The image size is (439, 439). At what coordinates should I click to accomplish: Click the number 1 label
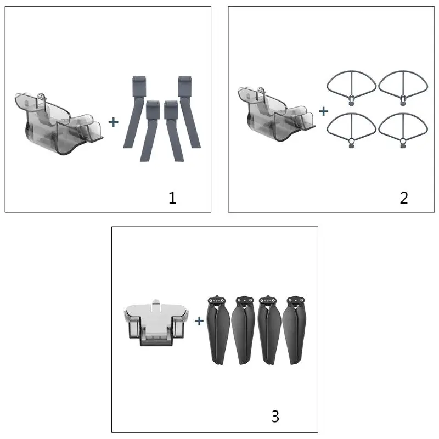pos(172,198)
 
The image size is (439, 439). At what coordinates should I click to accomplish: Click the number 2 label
pos(404,198)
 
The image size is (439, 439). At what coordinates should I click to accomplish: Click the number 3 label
pos(275,416)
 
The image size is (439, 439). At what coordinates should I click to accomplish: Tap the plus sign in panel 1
pos(114,122)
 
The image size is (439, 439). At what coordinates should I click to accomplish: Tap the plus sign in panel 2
pos(323,111)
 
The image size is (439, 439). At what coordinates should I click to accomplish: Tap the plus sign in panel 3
pos(199,321)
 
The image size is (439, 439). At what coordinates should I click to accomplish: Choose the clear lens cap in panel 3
pos(156,323)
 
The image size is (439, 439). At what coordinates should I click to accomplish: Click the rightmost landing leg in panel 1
pos(189,112)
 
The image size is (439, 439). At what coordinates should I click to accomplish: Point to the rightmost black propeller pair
pos(295,330)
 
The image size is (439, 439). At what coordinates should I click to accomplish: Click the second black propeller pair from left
pos(243,330)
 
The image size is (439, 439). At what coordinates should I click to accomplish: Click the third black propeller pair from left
pos(269,330)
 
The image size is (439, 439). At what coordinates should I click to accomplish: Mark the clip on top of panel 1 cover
pos(41,97)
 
